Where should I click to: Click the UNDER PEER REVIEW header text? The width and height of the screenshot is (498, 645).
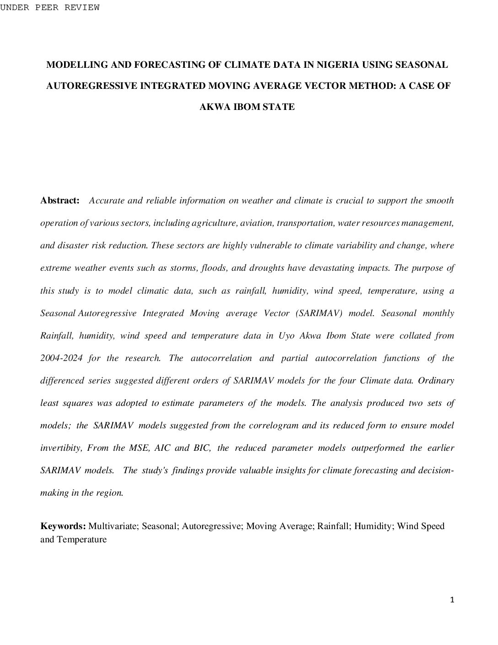point(49,7)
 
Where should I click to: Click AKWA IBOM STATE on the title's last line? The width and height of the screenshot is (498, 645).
point(247,107)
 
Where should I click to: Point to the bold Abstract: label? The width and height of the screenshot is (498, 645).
point(60,200)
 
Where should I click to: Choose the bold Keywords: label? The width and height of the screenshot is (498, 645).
point(63,526)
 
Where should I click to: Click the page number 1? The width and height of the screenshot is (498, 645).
point(452,600)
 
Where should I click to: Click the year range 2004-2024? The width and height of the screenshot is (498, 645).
point(61,358)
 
